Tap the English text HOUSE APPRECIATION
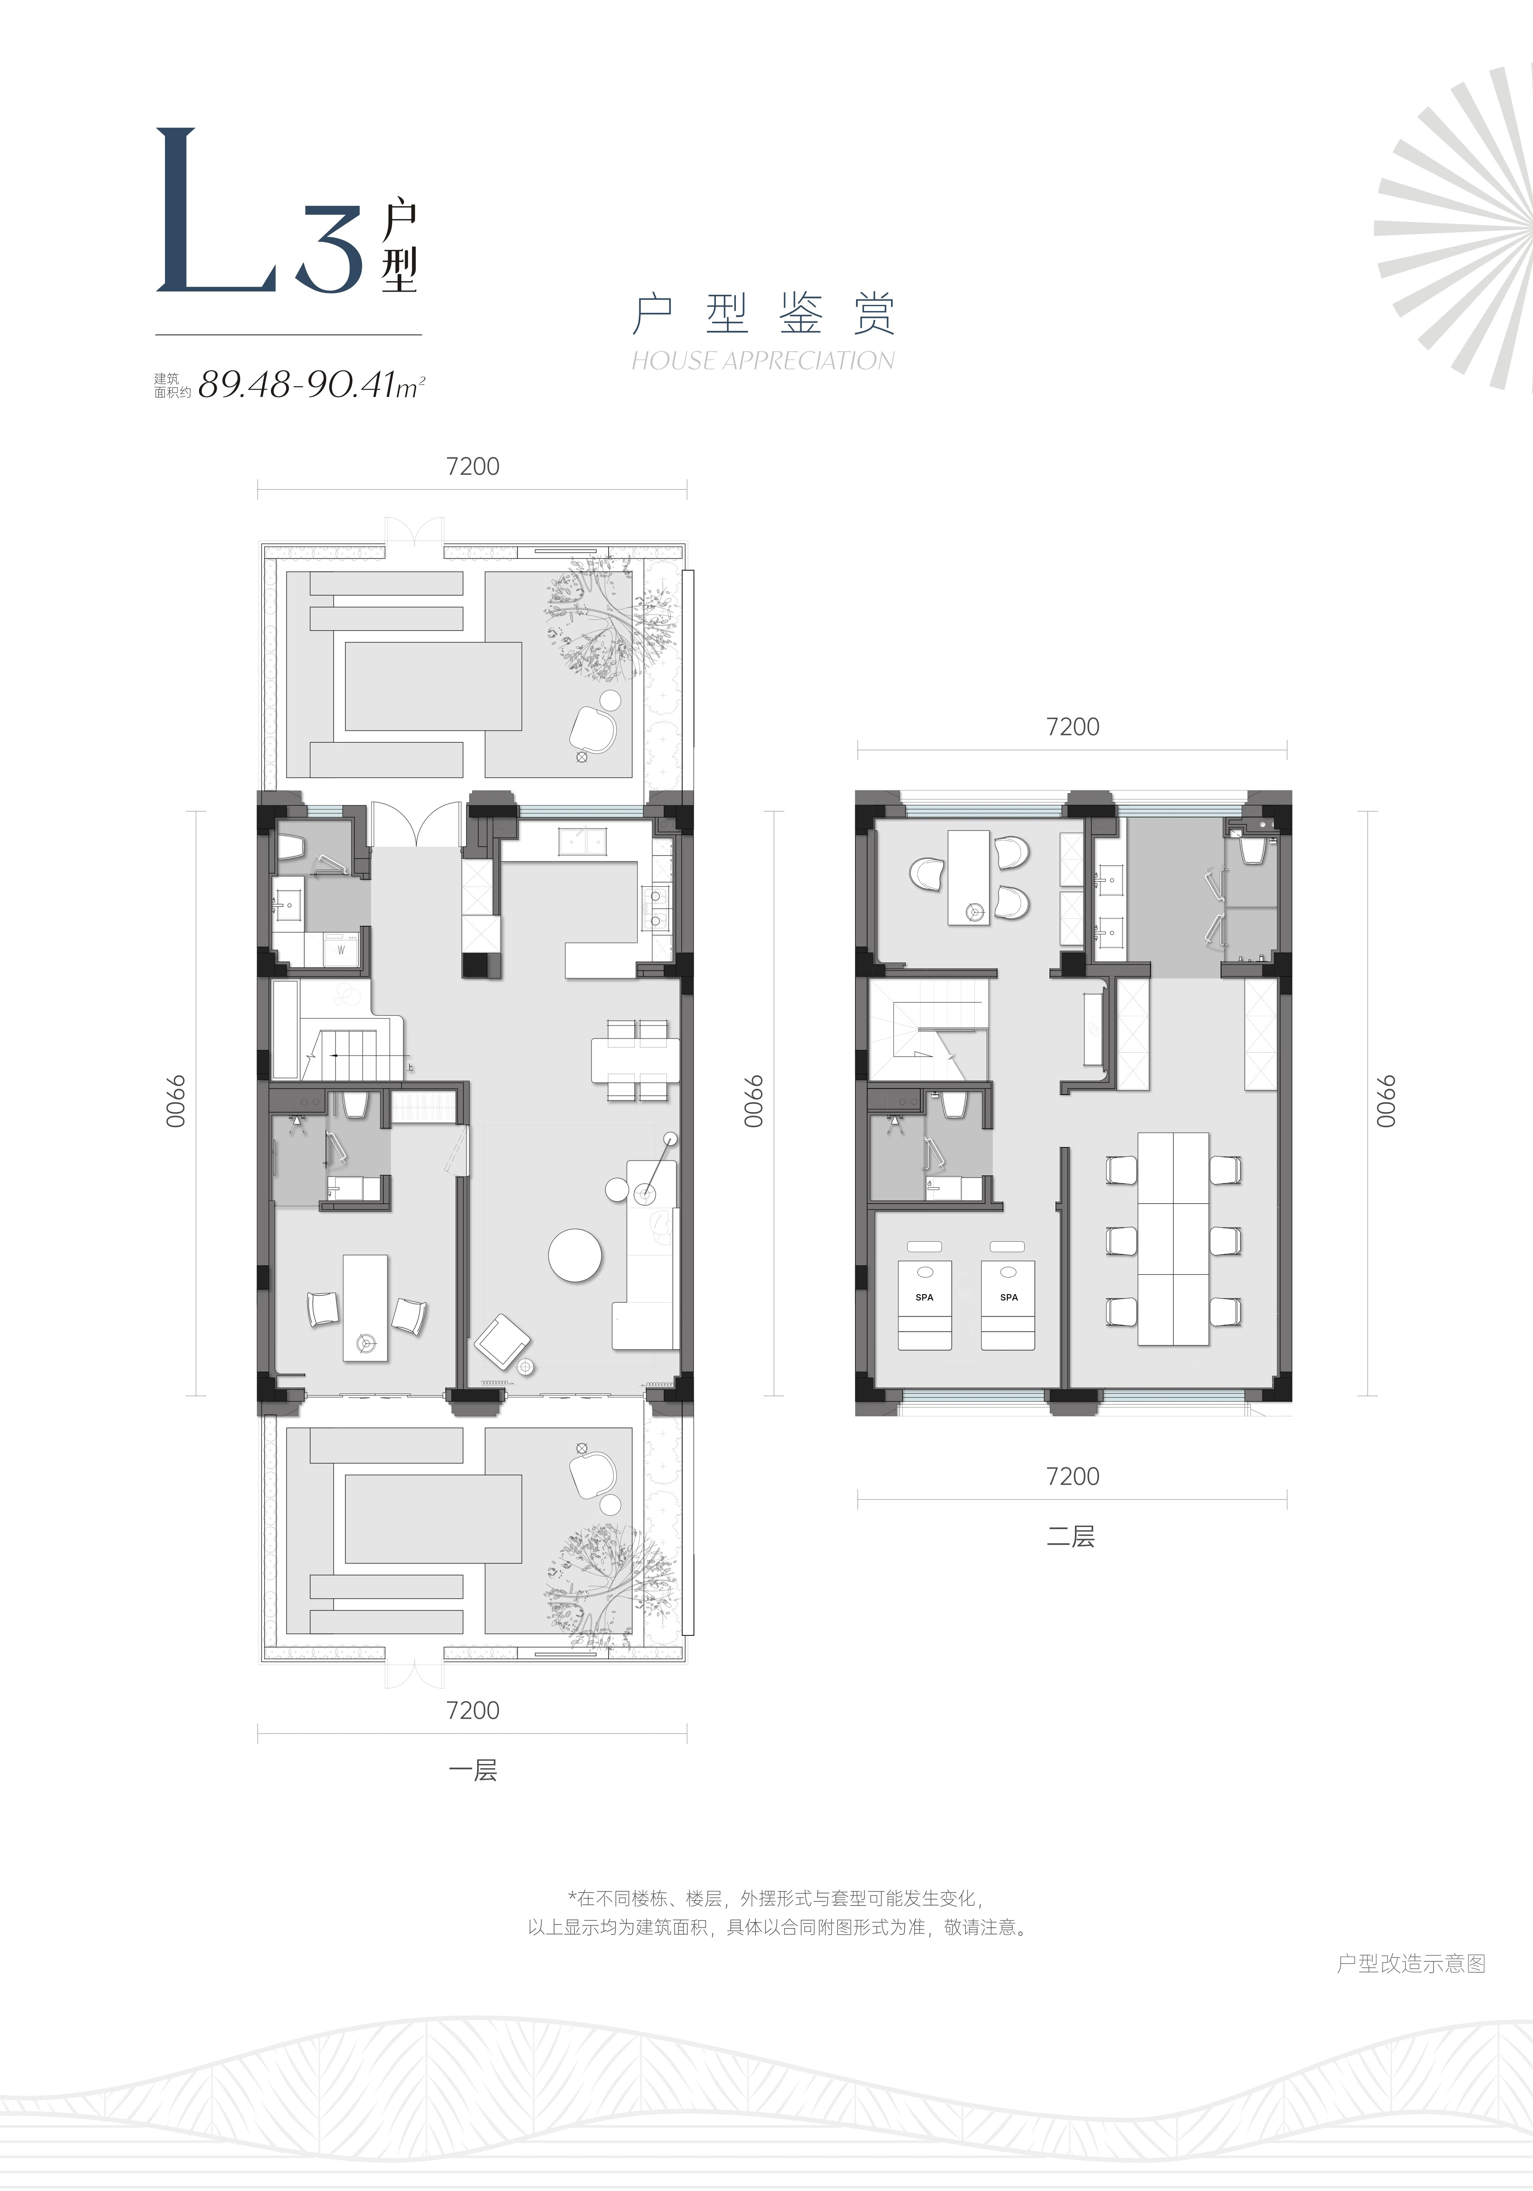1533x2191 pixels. click(x=763, y=361)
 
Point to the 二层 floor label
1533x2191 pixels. click(x=1071, y=1536)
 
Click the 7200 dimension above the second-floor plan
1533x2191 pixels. click(x=1072, y=727)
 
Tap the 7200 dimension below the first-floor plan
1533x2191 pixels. click(x=473, y=1710)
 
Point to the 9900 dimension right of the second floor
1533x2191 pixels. click(x=1385, y=1102)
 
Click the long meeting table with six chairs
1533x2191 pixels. click(x=1173, y=1239)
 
